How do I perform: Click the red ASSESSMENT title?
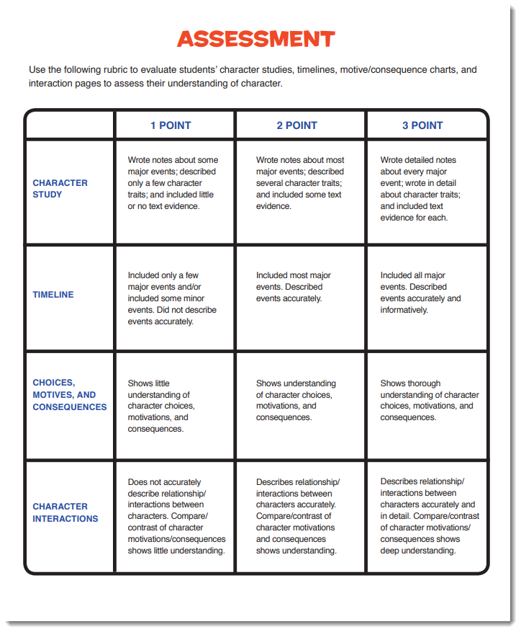255,39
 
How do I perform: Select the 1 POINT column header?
171,125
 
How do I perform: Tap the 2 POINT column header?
296,125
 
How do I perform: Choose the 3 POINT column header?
422,125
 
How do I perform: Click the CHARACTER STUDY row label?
60,189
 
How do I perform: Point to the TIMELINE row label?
53,295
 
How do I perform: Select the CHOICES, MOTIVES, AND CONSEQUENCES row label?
69,395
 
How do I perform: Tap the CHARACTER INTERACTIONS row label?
65,512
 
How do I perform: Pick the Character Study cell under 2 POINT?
300,183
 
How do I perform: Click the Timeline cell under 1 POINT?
172,298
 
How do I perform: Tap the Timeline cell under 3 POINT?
420,293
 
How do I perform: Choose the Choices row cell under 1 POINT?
162,406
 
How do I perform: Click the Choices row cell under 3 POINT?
429,401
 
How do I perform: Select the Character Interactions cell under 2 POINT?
297,517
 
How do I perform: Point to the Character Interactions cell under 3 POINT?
429,517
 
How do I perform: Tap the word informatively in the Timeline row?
404,310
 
